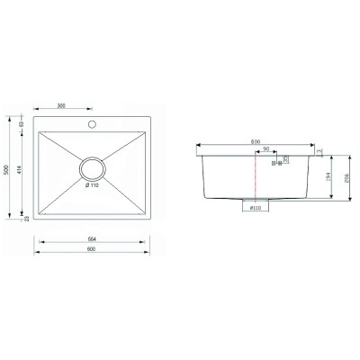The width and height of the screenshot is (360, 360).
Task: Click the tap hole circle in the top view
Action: (90, 123)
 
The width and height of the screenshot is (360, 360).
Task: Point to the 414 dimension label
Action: (20, 173)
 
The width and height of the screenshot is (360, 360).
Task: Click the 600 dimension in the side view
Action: (256, 142)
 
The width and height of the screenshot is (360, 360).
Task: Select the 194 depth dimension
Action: (329, 178)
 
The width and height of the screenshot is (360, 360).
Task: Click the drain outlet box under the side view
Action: (255, 202)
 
